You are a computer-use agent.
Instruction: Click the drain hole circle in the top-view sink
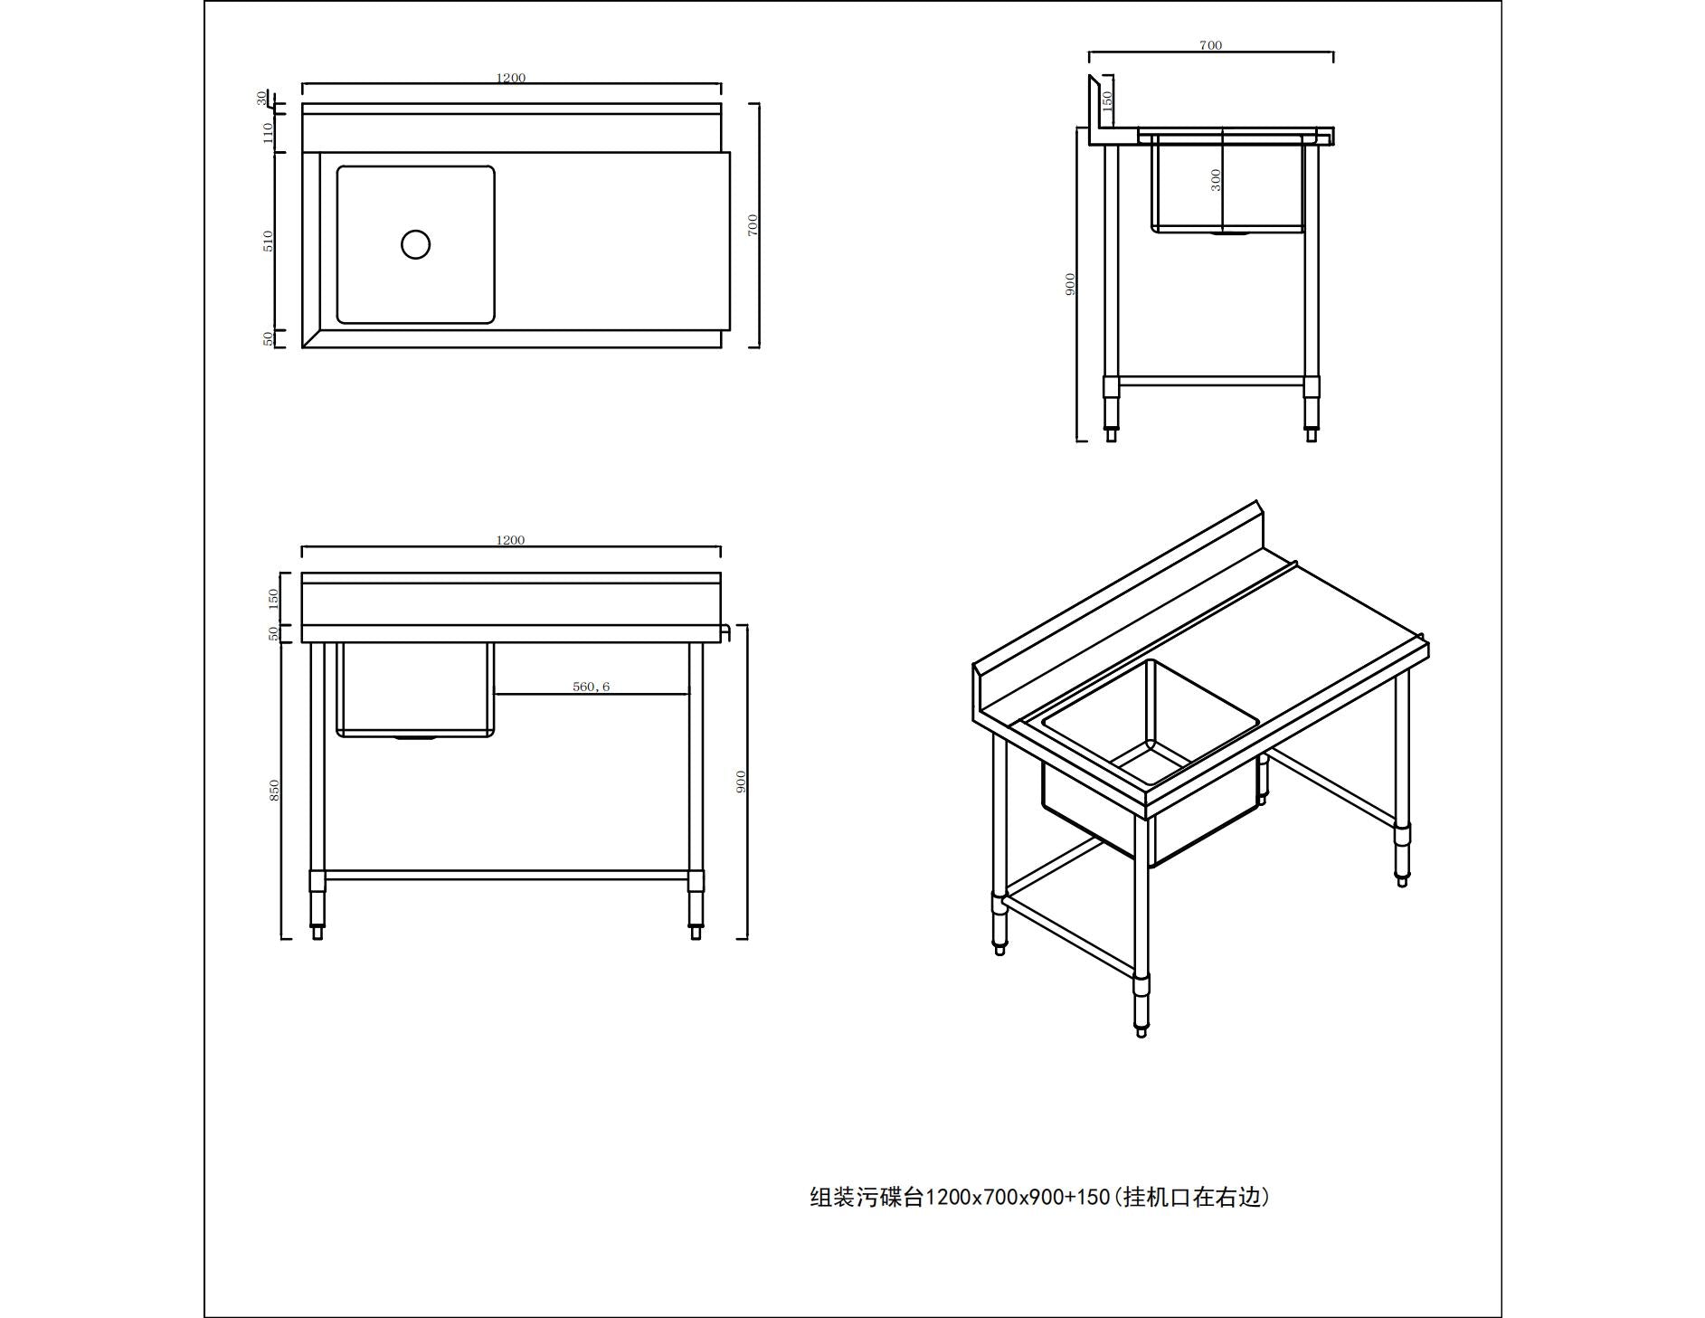[x=415, y=244]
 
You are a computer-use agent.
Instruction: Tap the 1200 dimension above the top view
[x=510, y=78]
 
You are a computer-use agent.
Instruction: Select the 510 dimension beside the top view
[x=268, y=241]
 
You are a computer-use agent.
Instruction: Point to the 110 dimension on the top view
[x=268, y=132]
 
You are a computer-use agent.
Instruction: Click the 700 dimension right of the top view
[x=753, y=224]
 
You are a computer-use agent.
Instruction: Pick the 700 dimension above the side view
[x=1210, y=45]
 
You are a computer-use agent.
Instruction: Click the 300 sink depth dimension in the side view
[x=1216, y=180]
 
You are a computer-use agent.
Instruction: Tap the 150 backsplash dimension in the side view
[x=1107, y=100]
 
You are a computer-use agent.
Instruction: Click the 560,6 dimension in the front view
[x=591, y=687]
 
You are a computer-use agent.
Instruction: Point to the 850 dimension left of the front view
[x=274, y=789]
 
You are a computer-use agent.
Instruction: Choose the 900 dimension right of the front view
[x=741, y=781]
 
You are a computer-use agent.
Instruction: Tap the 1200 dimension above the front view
[x=510, y=540]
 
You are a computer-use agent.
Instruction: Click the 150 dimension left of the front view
[x=274, y=598]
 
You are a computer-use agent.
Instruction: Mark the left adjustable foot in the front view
[x=317, y=932]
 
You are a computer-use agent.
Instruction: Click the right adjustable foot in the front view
[x=696, y=932]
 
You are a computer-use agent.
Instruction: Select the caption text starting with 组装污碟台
[x=1039, y=1198]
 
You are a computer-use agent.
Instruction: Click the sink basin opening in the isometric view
[x=1150, y=725]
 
